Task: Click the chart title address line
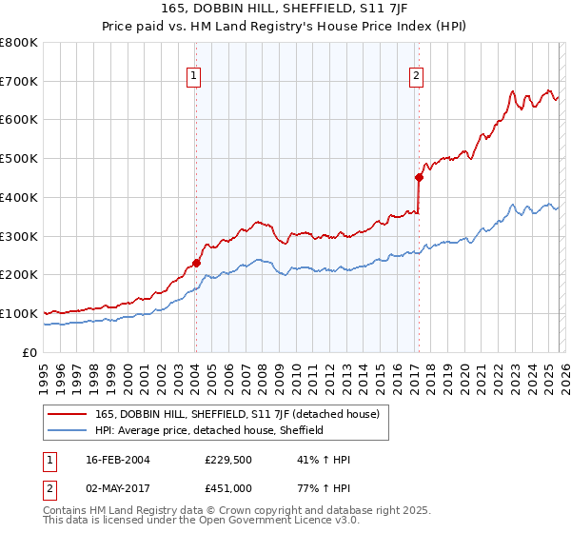coord(285,10)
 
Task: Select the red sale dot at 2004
coord(196,263)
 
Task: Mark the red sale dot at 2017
coord(418,176)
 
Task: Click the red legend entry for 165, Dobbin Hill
coord(237,414)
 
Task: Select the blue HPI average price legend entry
coord(209,430)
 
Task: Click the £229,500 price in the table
coord(228,460)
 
